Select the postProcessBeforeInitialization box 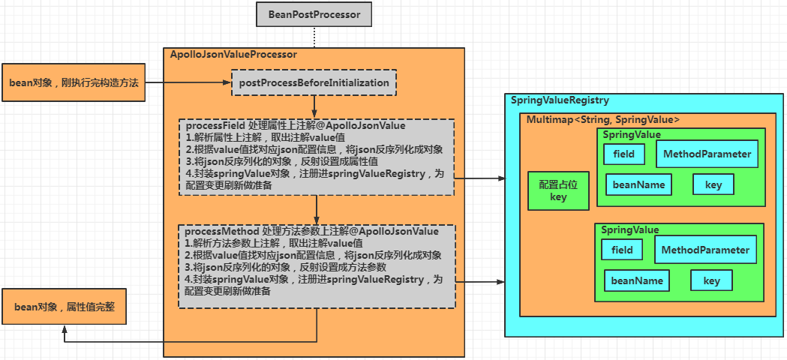tap(314, 82)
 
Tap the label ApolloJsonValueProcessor tap(234, 55)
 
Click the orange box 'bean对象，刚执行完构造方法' tap(74, 82)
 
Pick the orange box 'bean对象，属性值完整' tap(65, 307)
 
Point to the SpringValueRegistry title tap(560, 100)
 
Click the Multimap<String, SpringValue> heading tap(603, 119)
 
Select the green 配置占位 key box tap(558, 190)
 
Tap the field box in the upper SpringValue tap(623, 154)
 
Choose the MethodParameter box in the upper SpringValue tap(707, 154)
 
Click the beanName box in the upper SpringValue tap(638, 184)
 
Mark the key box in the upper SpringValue tap(713, 184)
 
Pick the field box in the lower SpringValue tap(622, 250)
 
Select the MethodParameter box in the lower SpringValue tap(705, 250)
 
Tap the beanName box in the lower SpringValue tap(637, 280)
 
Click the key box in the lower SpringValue tap(711, 280)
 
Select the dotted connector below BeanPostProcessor tap(314, 36)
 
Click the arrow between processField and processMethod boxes tap(317, 209)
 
